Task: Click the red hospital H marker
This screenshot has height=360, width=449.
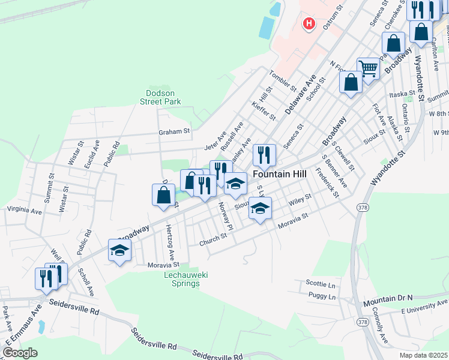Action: coord(309,24)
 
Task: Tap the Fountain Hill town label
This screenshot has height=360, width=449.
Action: coord(280,173)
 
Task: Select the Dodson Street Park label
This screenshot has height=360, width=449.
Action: coord(163,97)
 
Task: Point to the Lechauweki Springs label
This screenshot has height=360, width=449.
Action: coord(182,279)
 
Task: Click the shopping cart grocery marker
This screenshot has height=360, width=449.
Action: coord(367,68)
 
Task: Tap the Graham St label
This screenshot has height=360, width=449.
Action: coord(174,131)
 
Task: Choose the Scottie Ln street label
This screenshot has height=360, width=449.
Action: coord(320,283)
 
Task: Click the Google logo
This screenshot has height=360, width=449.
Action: coord(19,352)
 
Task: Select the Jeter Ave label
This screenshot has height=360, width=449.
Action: coord(214,142)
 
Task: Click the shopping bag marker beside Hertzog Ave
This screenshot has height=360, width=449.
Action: coord(163,195)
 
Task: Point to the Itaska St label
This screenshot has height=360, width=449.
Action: coord(402,94)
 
